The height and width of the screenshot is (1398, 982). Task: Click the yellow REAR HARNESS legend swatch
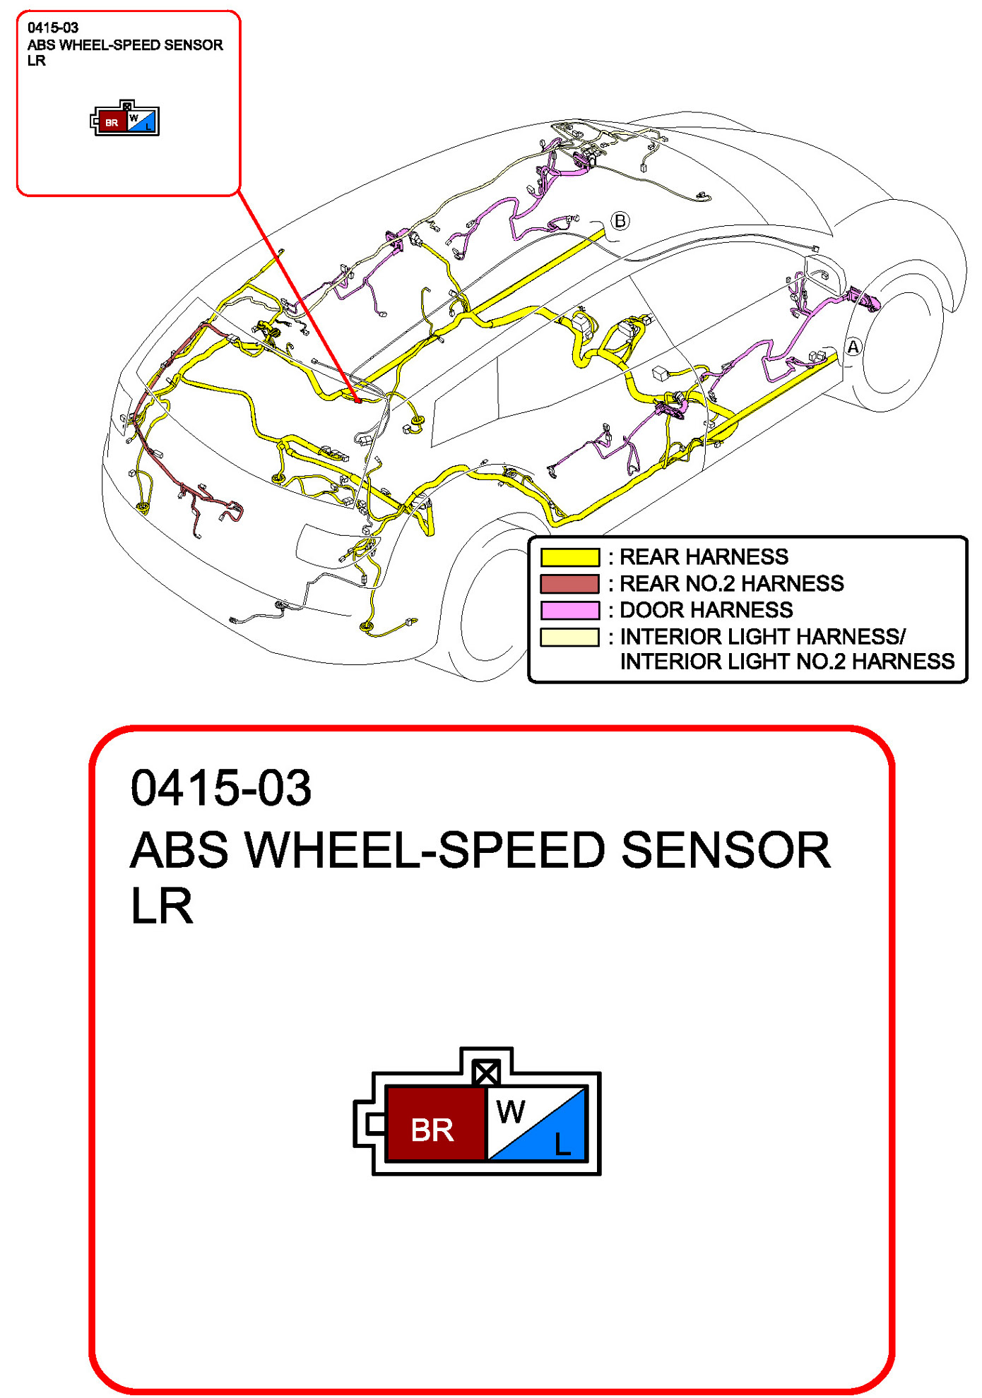pos(569,557)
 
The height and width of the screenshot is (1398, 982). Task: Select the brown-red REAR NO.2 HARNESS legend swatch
pos(569,584)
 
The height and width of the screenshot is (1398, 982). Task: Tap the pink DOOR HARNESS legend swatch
pos(569,610)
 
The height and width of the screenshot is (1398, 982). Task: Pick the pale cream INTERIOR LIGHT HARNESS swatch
pos(569,637)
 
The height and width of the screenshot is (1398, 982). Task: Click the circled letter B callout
pos(620,221)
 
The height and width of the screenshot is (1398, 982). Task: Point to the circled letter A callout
pos(853,347)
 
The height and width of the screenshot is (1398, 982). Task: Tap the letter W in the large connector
pos(510,1112)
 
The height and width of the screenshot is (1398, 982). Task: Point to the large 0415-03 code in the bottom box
pos(221,788)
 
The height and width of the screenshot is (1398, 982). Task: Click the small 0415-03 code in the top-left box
pos(53,28)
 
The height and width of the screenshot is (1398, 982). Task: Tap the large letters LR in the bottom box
pos(162,907)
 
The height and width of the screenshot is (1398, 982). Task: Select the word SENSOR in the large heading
pos(726,850)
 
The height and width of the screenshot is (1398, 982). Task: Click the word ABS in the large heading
pos(179,850)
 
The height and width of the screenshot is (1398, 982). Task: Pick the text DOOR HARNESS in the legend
pos(706,610)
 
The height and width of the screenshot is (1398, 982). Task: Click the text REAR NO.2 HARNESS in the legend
pos(731,584)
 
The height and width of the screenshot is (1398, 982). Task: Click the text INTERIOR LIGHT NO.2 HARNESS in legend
pos(787,662)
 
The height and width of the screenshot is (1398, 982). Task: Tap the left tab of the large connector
pos(369,1123)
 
